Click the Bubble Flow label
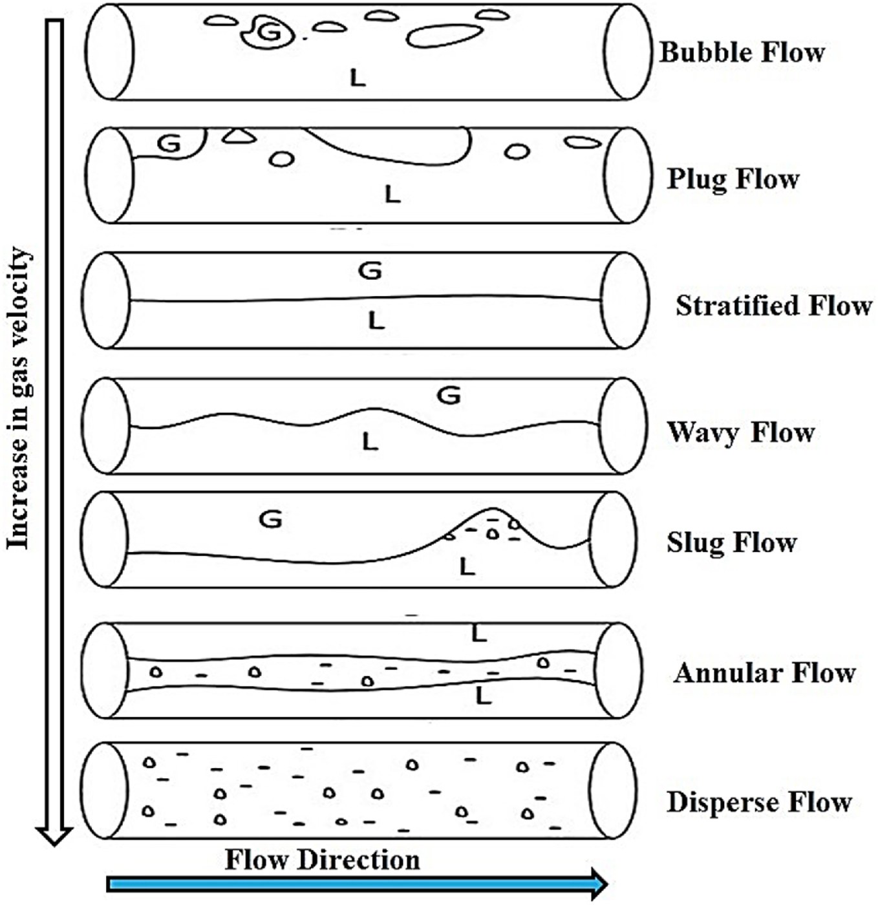coord(742,52)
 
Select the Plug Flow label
coord(733,180)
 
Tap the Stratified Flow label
coord(774,306)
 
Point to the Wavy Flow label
coord(741,433)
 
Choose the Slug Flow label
coord(732,543)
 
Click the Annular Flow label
coord(764,673)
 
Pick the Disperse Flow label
coord(760,802)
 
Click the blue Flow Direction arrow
coord(357,884)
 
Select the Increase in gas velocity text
coord(19,398)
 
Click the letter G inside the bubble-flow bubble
coord(269,32)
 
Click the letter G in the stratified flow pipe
coord(370,271)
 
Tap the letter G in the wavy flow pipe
coord(449,396)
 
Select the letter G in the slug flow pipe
coord(271,519)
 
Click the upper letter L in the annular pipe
coord(479,633)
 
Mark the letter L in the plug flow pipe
coord(393,194)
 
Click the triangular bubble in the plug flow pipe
coord(239,135)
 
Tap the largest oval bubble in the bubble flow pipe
coord(444,36)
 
